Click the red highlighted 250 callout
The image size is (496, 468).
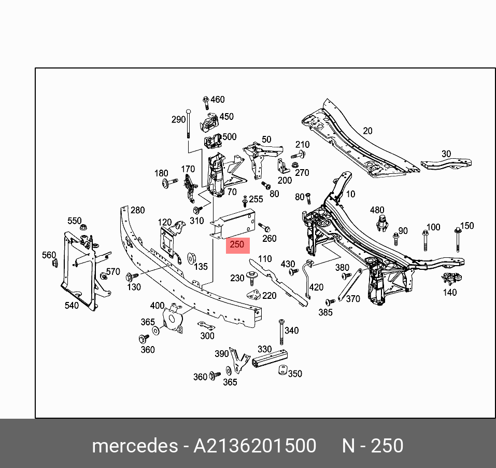pyautogui.click(x=237, y=245)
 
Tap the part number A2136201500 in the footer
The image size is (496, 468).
pyautogui.click(x=254, y=446)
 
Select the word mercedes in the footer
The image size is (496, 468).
pyautogui.click(x=134, y=446)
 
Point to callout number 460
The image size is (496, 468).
pyautogui.click(x=218, y=100)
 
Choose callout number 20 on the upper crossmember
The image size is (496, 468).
pyautogui.click(x=367, y=131)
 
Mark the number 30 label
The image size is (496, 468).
pyautogui.click(x=446, y=154)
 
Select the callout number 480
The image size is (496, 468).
pyautogui.click(x=377, y=210)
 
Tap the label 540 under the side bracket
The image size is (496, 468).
pyautogui.click(x=72, y=306)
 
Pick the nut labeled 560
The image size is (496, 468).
pyautogui.click(x=54, y=264)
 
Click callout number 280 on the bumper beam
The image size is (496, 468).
pyautogui.click(x=137, y=210)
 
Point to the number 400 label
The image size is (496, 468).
pyautogui.click(x=157, y=306)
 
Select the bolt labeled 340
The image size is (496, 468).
pyautogui.click(x=281, y=332)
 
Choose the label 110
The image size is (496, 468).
pyautogui.click(x=264, y=259)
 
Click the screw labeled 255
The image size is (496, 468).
pyautogui.click(x=245, y=202)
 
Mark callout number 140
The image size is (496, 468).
pyautogui.click(x=450, y=292)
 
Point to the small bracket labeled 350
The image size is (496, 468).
pyautogui.click(x=282, y=370)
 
